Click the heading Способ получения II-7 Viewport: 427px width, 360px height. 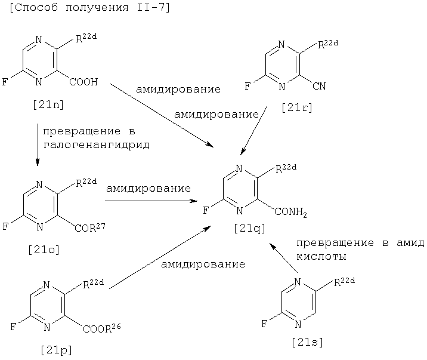[89, 8]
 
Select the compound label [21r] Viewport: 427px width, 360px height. [296, 108]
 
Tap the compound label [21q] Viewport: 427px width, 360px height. [250, 227]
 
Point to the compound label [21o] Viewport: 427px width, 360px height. [44, 250]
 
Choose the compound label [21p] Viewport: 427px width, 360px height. [56, 350]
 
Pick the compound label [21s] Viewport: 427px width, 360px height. [308, 342]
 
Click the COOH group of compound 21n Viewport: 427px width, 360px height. [83, 82]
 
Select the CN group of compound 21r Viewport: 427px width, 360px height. [319, 87]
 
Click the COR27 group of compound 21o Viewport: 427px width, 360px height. [90, 227]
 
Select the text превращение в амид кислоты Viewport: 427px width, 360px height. [360, 250]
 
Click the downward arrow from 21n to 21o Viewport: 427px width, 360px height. [38, 144]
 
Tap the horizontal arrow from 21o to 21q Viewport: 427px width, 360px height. [151, 201]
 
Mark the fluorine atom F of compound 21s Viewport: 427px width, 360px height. [264, 325]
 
